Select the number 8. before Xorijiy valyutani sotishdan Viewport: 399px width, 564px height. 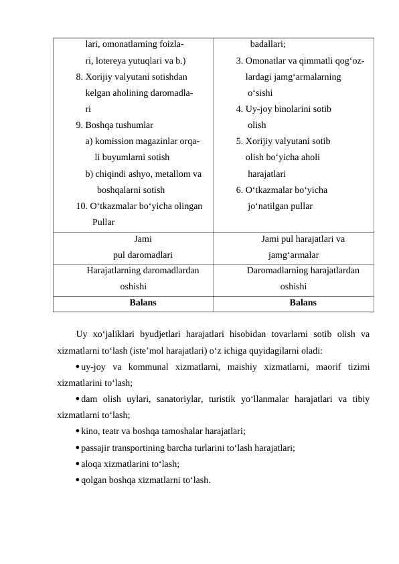pyautogui.click(x=79, y=77)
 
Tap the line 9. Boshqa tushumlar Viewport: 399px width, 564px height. pyautogui.click(x=114, y=125)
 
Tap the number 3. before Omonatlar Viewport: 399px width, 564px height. pyautogui.click(x=239, y=61)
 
